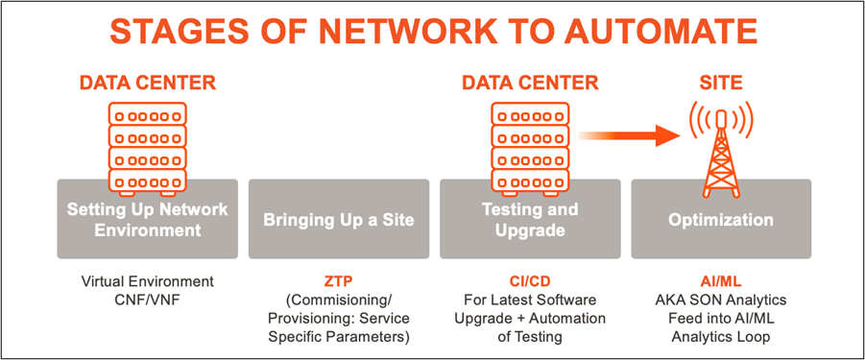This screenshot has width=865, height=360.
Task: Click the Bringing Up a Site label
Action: click(338, 220)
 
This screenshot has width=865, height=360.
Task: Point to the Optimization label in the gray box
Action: click(720, 220)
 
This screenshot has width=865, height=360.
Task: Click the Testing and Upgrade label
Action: click(529, 220)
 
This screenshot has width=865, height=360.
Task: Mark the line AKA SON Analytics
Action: click(720, 300)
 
